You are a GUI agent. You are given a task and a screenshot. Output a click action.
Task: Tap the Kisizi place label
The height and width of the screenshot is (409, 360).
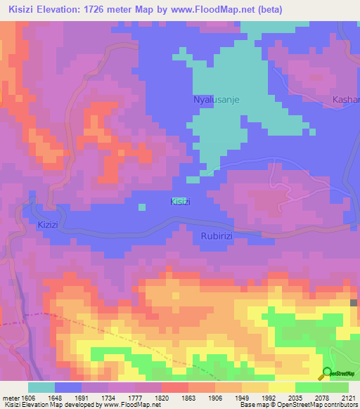tap(181, 202)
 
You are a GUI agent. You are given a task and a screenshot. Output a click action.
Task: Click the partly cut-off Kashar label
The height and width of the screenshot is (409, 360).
tap(345, 100)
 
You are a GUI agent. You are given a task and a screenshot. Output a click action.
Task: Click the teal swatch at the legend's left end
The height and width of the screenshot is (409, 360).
tap(41, 387)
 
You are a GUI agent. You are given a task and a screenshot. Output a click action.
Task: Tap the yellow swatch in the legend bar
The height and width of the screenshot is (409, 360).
tap(281, 387)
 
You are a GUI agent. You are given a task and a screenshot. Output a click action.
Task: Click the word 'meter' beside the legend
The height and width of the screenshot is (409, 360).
tap(9, 397)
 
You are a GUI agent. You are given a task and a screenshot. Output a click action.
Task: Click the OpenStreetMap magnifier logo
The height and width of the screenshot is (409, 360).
tap(327, 373)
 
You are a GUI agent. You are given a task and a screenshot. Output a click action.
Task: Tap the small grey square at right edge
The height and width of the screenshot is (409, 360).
tap(354, 303)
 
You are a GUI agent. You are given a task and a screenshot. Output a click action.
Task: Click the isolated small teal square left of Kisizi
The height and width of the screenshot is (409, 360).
tap(142, 207)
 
